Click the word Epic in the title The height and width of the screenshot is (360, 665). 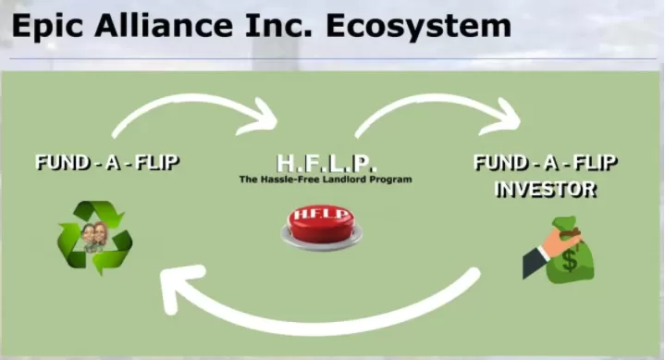click(46, 27)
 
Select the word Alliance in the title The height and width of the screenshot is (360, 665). click(164, 25)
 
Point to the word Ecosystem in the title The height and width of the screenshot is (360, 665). click(418, 27)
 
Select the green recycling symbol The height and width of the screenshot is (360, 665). click(95, 238)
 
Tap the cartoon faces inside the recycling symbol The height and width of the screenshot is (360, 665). click(94, 236)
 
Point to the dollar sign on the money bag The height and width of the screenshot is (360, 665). click(570, 260)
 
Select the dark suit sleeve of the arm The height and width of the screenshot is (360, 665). click(535, 262)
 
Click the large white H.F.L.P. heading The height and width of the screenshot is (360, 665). click(326, 163)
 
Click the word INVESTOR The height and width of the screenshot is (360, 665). click(546, 190)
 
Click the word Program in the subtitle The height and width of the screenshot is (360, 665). click(390, 180)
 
